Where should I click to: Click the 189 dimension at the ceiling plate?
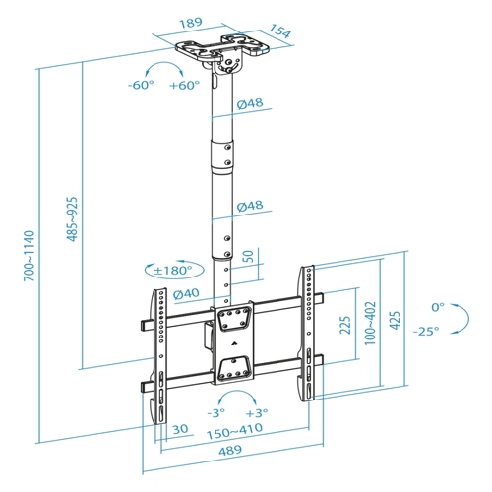pyautogui.click(x=191, y=23)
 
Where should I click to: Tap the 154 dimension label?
pyautogui.click(x=279, y=31)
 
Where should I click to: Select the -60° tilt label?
pyautogui.click(x=141, y=85)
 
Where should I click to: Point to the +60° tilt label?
pyautogui.click(x=184, y=85)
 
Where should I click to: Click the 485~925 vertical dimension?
pyautogui.click(x=73, y=219)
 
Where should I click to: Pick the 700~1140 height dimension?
pyautogui.click(x=29, y=256)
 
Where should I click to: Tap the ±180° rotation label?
pyautogui.click(x=173, y=271)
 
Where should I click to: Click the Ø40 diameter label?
pyautogui.click(x=186, y=293)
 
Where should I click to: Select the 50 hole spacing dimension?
pyautogui.click(x=248, y=256)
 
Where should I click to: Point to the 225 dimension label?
pyautogui.click(x=345, y=325)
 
